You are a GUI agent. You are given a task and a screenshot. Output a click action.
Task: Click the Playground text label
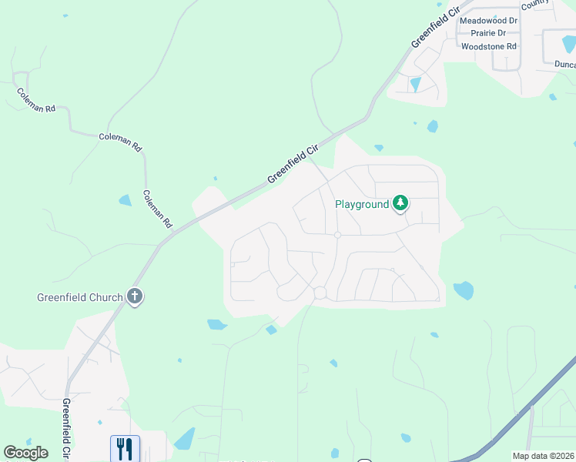pos(362,205)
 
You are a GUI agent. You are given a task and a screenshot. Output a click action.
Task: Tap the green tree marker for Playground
pos(400,204)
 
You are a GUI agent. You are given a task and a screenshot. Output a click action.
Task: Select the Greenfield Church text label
pos(80,297)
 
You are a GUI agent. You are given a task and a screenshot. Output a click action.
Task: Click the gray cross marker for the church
pos(135,296)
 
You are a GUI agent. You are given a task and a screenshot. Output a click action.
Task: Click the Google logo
pos(25,453)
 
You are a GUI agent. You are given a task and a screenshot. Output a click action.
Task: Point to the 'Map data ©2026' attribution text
pos(544,456)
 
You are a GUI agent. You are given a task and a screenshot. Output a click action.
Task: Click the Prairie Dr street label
pos(483,33)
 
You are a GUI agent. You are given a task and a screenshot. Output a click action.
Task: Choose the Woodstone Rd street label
pos(487,46)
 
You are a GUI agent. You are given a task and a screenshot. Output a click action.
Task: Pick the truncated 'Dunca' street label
pos(564,65)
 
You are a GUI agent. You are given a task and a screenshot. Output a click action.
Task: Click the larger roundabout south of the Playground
pos(320,293)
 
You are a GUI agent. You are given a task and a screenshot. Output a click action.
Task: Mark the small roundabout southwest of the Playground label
pos(337,235)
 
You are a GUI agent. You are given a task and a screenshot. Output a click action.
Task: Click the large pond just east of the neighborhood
pos(463,290)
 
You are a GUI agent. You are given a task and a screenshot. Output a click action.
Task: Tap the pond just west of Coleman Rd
pos(125,200)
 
